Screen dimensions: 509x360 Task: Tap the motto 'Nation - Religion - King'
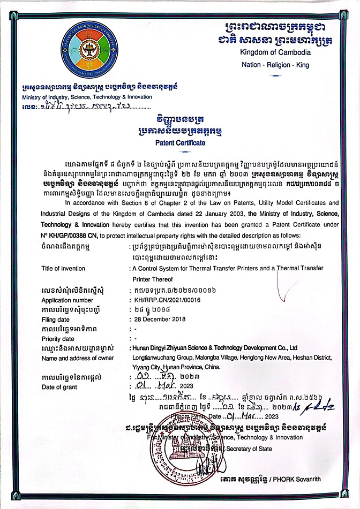(275, 65)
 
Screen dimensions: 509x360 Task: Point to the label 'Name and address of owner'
(77, 358)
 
